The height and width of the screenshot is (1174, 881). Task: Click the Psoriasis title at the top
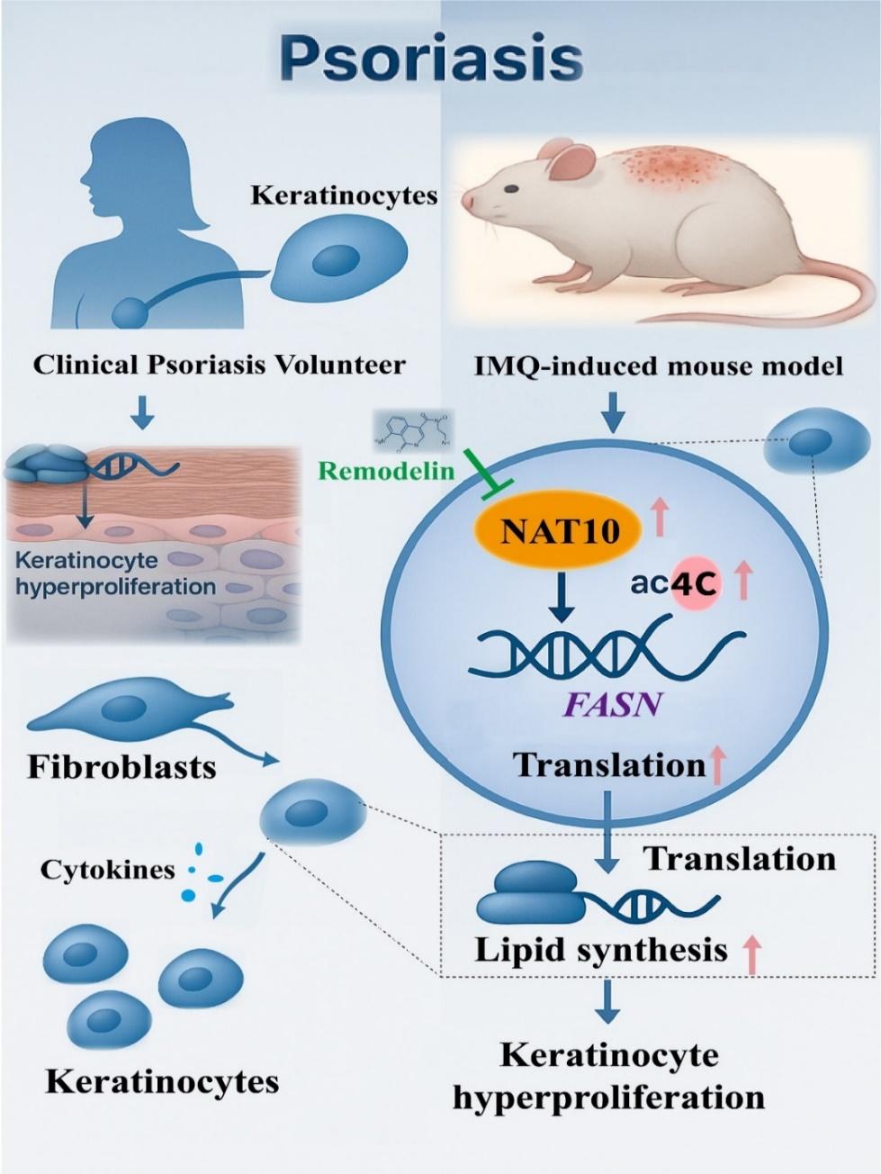pyautogui.click(x=430, y=59)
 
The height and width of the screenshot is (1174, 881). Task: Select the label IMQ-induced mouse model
pyautogui.click(x=659, y=366)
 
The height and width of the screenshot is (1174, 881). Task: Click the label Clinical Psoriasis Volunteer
pyautogui.click(x=219, y=365)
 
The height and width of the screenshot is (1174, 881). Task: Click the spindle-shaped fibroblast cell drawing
pyautogui.click(x=126, y=710)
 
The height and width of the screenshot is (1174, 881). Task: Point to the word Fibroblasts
pyautogui.click(x=121, y=766)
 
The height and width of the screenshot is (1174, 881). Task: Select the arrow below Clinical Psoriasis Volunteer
pyautogui.click(x=142, y=411)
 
